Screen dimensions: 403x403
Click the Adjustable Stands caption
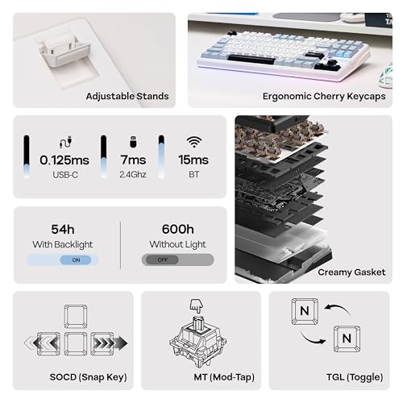[x=127, y=96]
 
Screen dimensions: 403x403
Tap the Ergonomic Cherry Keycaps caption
[x=324, y=97]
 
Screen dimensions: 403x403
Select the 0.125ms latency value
[x=64, y=160]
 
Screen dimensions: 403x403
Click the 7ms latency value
[x=133, y=160]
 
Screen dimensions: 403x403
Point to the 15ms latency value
[x=193, y=160]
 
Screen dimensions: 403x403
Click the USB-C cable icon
[x=65, y=142]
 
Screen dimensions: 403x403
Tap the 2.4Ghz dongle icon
[x=133, y=142]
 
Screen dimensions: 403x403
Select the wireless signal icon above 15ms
[x=194, y=142]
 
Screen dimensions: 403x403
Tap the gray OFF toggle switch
[x=178, y=260]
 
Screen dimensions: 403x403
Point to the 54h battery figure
[x=63, y=230]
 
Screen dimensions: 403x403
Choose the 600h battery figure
[x=178, y=229]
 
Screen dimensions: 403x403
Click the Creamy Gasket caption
[x=351, y=272]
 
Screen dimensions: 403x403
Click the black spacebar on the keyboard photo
[x=251, y=59]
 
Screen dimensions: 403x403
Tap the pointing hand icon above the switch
[x=197, y=306]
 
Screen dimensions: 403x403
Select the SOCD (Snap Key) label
[x=88, y=377]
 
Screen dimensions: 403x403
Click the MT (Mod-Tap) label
[x=224, y=377]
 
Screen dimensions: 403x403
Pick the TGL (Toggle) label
[x=355, y=377]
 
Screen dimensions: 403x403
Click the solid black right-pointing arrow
[x=121, y=343]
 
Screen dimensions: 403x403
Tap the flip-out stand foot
[x=62, y=51]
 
